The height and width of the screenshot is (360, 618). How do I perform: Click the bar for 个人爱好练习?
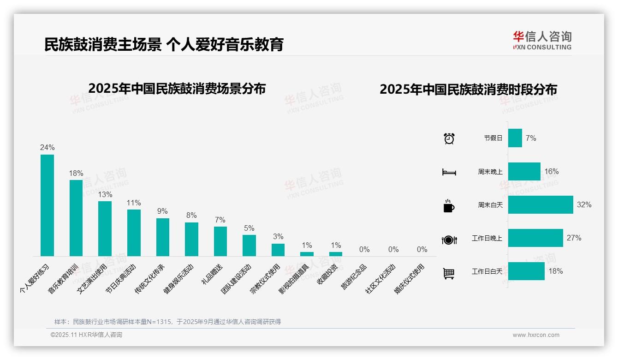click(x=47, y=205)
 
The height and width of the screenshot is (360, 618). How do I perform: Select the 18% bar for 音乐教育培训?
click(x=76, y=218)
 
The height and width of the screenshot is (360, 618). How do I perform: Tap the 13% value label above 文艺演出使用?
click(x=105, y=194)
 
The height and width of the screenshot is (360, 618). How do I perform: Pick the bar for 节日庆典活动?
click(x=134, y=233)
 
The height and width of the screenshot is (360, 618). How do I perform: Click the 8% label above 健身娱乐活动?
click(x=191, y=216)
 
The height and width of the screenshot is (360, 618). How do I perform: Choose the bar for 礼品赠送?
click(x=220, y=241)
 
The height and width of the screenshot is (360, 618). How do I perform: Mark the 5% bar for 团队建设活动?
click(x=249, y=245)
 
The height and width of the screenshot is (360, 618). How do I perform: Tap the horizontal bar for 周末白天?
click(x=541, y=204)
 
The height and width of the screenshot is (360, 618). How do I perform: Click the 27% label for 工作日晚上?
click(x=574, y=238)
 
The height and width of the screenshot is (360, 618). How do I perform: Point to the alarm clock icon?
click(x=449, y=138)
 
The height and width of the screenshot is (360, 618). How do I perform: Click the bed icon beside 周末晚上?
click(x=449, y=172)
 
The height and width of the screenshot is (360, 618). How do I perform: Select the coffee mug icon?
click(x=449, y=205)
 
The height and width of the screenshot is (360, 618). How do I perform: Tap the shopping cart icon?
click(x=449, y=273)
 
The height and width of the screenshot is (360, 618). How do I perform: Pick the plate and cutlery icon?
click(x=449, y=240)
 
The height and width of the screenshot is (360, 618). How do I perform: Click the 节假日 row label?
click(x=493, y=138)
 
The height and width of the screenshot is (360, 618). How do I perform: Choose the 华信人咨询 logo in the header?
click(x=542, y=40)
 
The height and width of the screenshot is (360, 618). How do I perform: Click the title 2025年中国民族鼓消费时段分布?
click(x=468, y=89)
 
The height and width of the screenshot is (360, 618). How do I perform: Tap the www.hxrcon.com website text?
click(x=536, y=335)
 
